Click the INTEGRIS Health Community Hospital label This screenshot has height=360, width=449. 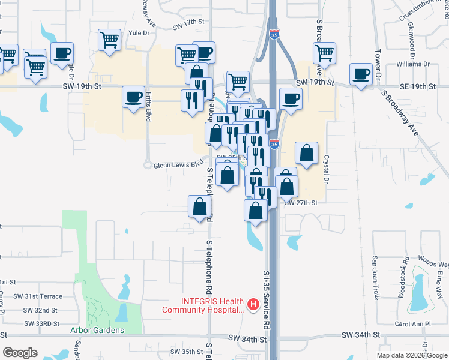coord(203,305)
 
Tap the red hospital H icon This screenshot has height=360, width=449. coord(253,305)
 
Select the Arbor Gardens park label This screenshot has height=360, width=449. coord(97,330)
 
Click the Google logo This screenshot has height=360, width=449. coord(20,353)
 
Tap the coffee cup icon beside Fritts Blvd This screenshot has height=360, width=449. coord(133,97)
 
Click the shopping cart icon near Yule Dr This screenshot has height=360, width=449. coord(110,41)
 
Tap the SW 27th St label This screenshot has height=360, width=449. coord(301,203)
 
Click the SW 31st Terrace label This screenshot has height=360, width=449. coord(43,296)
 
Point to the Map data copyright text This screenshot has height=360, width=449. coord(411,355)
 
